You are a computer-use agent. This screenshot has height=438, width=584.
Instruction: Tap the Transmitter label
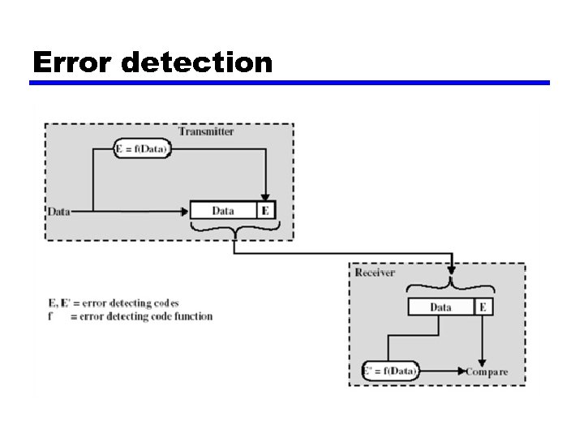coord(206,131)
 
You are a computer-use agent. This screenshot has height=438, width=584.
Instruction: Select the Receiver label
coord(375,273)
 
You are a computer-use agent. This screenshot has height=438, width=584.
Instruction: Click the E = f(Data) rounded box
coord(142,149)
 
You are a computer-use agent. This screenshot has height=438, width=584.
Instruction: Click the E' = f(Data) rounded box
coord(389,371)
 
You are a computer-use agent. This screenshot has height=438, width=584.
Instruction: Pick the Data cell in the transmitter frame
coord(223,211)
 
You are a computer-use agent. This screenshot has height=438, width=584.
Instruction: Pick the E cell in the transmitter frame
coord(266,211)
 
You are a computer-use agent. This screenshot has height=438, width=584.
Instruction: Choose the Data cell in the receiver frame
coord(440,307)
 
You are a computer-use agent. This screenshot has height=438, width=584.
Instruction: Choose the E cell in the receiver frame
coord(483,307)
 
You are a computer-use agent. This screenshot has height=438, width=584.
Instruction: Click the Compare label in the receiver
coord(487,372)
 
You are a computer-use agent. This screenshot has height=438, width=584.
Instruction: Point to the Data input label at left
coord(58,212)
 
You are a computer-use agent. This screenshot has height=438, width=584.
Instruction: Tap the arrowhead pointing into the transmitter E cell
coord(265,195)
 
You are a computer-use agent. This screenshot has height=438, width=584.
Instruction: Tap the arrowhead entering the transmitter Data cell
coord(185,212)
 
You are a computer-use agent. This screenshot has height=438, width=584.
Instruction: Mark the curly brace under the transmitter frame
coord(234,230)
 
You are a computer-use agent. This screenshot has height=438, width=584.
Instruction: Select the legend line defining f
coord(130,316)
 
